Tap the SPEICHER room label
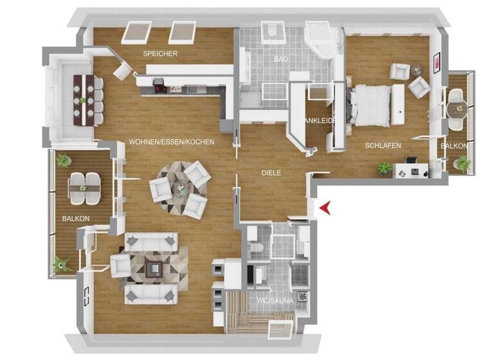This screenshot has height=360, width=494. [x=160, y=53]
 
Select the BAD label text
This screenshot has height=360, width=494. [x=280, y=59]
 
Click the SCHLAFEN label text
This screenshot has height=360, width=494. [x=383, y=146]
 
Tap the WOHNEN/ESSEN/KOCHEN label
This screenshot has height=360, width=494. [x=171, y=141]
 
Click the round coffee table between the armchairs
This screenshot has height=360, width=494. [x=182, y=187]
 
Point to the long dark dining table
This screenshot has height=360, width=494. [x=86, y=96]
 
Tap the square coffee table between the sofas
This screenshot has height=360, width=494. [x=152, y=265]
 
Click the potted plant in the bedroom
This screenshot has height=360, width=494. [x=385, y=168]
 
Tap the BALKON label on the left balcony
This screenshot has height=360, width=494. [x=75, y=219]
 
